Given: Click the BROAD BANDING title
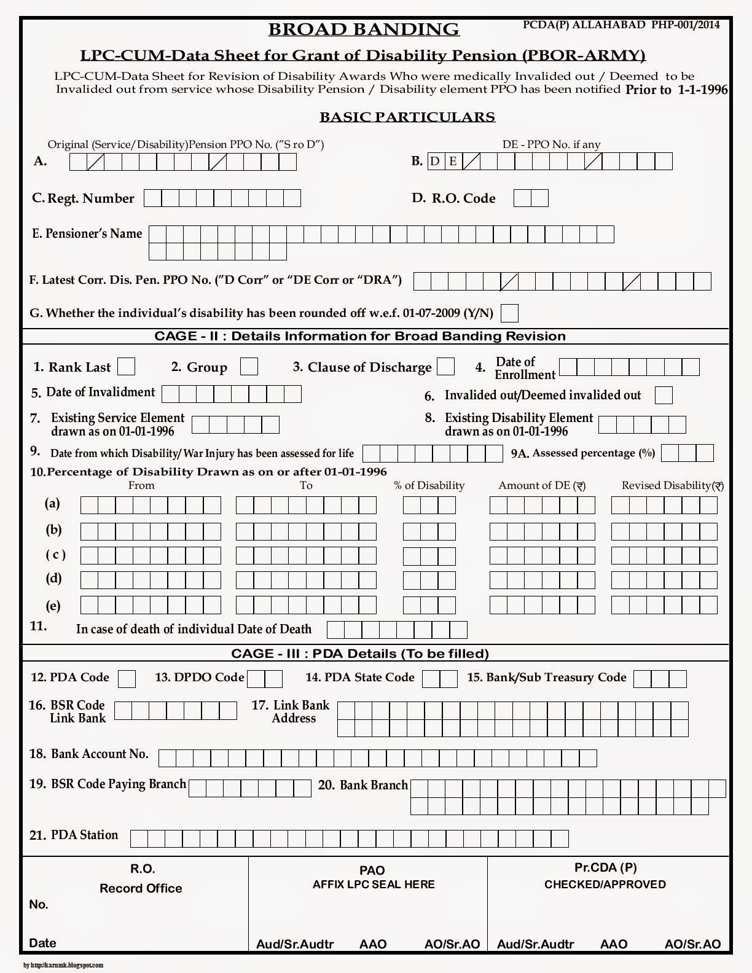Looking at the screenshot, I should coord(364,29).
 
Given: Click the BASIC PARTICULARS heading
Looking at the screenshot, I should coord(407,117).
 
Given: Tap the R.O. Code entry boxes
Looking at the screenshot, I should coord(531,198).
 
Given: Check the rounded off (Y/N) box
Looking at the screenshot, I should coord(509,313).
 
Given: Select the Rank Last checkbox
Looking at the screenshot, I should coord(126,367).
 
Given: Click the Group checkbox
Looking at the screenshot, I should coord(249,367).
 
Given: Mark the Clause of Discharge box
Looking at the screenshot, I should coord(445,367).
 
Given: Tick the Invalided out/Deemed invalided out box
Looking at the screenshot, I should coord(664,395).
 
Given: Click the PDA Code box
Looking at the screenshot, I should coord(127,679).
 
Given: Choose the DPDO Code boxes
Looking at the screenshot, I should coord(265,679).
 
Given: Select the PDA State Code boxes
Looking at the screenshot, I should coord(440,679).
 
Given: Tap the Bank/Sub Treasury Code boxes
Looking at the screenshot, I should coord(660,679).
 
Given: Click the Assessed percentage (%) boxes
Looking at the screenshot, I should coord(687,453).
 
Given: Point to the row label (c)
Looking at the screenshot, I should coord(55,555).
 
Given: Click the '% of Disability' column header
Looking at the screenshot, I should coord(429,485).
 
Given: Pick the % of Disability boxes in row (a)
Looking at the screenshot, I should coord(429,505).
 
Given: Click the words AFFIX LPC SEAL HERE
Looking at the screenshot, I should coord(374,885).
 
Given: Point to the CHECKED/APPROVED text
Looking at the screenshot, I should coord(605,885).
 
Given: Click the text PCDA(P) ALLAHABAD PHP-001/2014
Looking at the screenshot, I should coord(621,25).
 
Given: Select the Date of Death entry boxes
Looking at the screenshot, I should coord(397,630).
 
